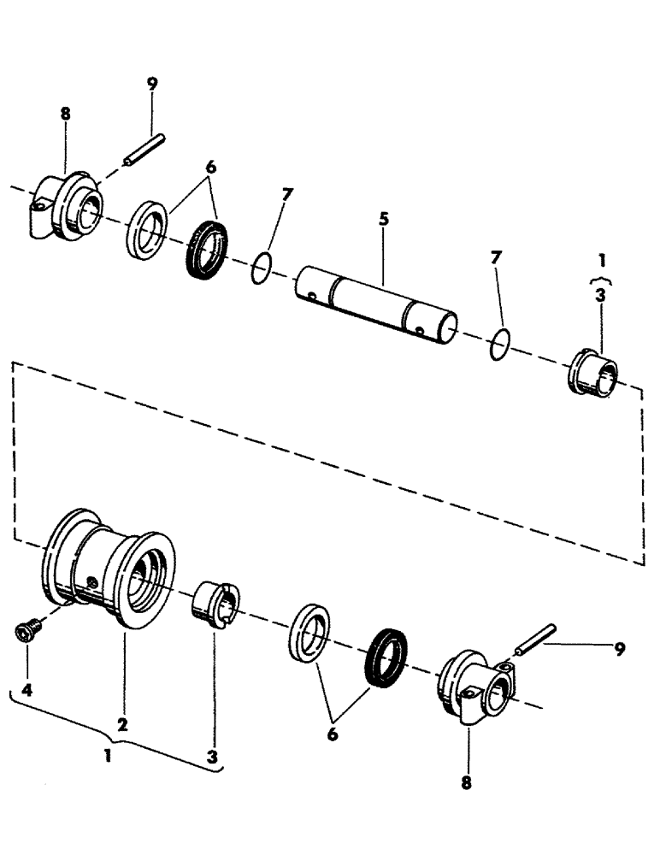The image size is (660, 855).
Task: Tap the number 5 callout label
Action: (384, 220)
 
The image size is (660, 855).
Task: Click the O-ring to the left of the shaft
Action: (262, 268)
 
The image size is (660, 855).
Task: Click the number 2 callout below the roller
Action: (122, 724)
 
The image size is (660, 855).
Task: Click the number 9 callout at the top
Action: (151, 85)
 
